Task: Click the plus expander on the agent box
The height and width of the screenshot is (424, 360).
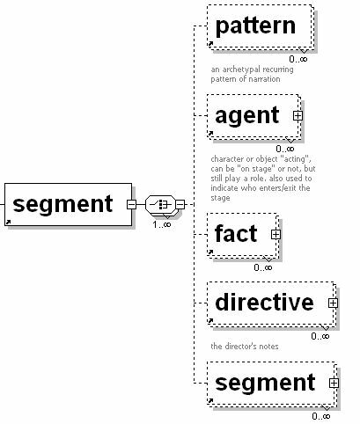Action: click(x=298, y=115)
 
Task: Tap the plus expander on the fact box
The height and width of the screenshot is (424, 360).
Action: click(x=276, y=234)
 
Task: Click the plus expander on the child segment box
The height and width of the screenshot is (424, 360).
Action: click(x=333, y=383)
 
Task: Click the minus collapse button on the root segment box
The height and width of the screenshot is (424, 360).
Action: click(x=131, y=205)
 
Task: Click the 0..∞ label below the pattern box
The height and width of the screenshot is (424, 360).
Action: click(x=298, y=59)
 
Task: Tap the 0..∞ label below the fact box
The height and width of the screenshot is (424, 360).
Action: click(x=263, y=267)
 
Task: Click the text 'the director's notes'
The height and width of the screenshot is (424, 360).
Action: click(x=246, y=346)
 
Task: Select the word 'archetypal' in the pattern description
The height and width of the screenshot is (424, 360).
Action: click(x=240, y=69)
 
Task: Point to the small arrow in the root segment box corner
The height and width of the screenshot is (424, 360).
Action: click(x=9, y=223)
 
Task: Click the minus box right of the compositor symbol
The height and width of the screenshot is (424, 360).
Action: click(x=180, y=205)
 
